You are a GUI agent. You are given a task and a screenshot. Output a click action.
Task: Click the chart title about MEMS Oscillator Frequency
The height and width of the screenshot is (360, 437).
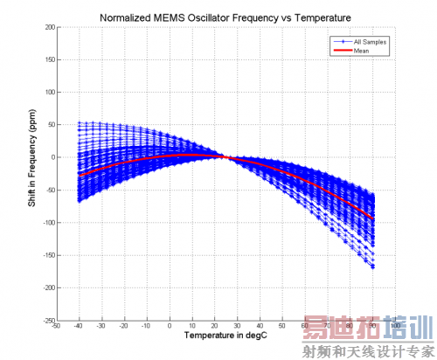(x=225, y=17)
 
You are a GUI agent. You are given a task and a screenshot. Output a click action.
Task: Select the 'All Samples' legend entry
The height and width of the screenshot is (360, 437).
(x=365, y=42)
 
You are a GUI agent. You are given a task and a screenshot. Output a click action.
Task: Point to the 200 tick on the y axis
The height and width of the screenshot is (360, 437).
(x=49, y=27)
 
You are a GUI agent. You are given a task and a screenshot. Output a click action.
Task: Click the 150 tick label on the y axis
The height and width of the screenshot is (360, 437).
(x=49, y=59)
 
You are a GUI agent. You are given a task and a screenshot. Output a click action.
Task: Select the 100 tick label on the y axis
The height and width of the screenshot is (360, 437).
(x=49, y=92)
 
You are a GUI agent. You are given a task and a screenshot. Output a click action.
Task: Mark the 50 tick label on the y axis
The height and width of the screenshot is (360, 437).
(x=51, y=125)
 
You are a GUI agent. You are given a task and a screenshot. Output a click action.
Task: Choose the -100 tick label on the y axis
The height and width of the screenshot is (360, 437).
(x=48, y=223)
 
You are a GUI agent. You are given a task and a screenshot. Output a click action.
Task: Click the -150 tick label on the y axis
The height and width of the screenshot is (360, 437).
(x=48, y=255)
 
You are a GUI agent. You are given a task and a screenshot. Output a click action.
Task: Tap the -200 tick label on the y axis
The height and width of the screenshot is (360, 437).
(x=48, y=287)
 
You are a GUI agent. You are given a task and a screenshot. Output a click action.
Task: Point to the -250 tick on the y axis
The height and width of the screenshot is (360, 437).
(x=48, y=320)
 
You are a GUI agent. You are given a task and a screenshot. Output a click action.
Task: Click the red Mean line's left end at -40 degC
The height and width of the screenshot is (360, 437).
(x=80, y=176)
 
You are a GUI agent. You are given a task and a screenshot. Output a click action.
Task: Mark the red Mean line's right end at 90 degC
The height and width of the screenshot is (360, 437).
(x=373, y=218)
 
